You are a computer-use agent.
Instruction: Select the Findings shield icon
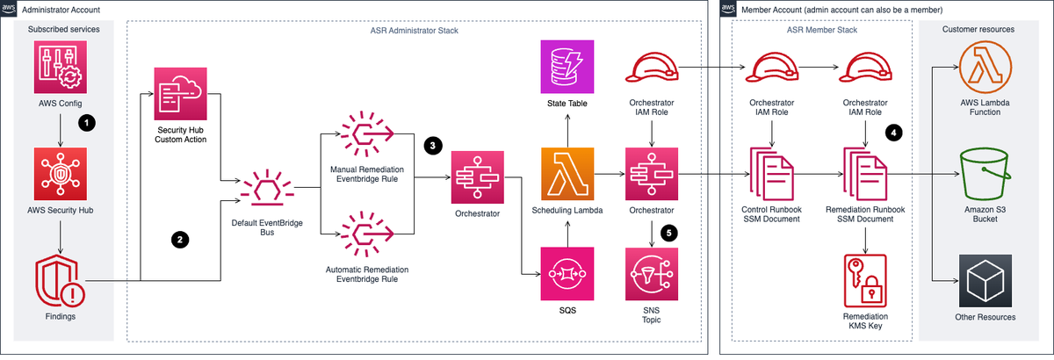click(60, 280)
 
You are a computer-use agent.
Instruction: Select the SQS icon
click(567, 272)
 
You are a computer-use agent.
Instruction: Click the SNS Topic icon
click(651, 272)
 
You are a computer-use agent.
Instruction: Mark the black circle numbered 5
click(671, 234)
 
